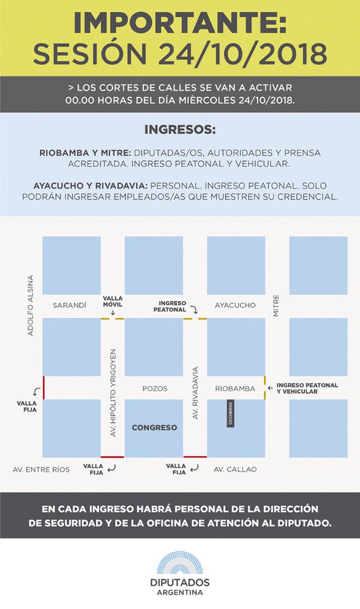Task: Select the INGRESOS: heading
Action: (x=179, y=129)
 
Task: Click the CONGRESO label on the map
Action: (x=154, y=428)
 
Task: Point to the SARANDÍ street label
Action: (x=70, y=305)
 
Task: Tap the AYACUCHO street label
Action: (x=235, y=305)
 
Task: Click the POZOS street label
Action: (x=154, y=388)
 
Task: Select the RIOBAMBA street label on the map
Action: (x=235, y=388)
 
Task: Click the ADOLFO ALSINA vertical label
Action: (x=30, y=306)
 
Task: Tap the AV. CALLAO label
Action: (x=235, y=469)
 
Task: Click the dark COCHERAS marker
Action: (x=230, y=413)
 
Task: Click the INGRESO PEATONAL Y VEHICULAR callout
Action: (x=307, y=388)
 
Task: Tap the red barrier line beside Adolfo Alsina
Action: (x=43, y=388)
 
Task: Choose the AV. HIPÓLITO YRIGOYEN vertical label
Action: (x=113, y=392)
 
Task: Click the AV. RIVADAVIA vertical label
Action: (x=195, y=394)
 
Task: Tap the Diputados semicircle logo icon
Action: (x=179, y=562)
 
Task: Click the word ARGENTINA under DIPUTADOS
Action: (x=179, y=592)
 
